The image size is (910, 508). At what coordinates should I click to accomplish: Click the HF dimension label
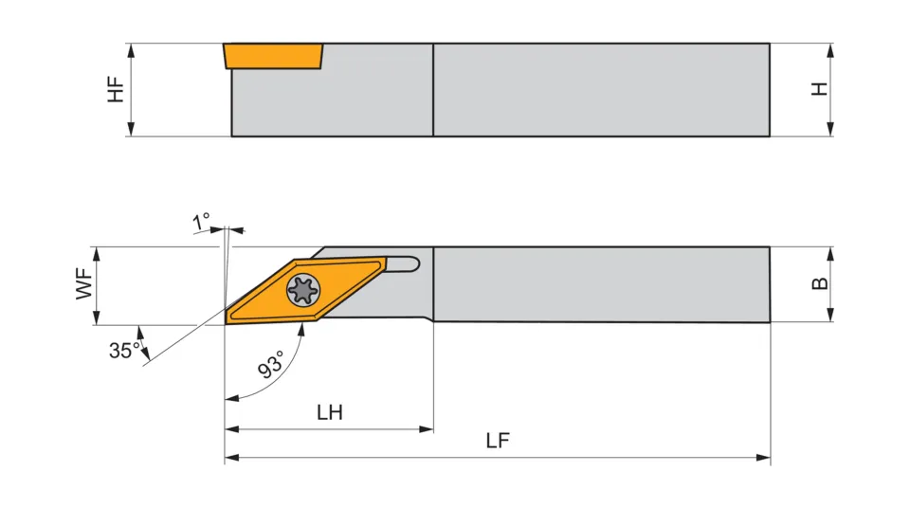pyautogui.click(x=116, y=89)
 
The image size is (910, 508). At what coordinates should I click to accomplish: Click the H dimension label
pyautogui.click(x=819, y=89)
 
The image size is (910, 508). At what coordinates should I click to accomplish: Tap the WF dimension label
pyautogui.click(x=84, y=284)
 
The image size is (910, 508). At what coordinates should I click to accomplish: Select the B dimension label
pyautogui.click(x=819, y=283)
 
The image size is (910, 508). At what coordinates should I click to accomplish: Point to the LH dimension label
pyautogui.click(x=330, y=413)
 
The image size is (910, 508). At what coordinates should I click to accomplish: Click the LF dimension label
pyautogui.click(x=498, y=441)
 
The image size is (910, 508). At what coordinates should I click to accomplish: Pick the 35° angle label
pyautogui.click(x=124, y=350)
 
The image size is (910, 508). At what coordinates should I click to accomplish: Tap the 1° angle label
pyautogui.click(x=201, y=221)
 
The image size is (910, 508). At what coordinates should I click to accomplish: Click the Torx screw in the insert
pyautogui.click(x=303, y=290)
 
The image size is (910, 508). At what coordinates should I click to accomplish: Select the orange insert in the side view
pyautogui.click(x=273, y=56)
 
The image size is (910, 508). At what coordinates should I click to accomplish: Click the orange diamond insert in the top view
pyautogui.click(x=306, y=290)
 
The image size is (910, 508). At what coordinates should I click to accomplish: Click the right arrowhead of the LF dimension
pyautogui.click(x=763, y=458)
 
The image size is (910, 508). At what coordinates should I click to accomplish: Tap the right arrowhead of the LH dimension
pyautogui.click(x=426, y=429)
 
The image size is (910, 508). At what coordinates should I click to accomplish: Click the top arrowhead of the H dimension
pyautogui.click(x=830, y=50)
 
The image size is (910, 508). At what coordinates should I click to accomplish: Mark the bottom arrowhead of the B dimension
pyautogui.click(x=830, y=315)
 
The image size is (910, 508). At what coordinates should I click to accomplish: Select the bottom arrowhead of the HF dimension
pyautogui.click(x=131, y=129)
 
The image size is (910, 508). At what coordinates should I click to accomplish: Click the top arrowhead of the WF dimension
pyautogui.click(x=97, y=254)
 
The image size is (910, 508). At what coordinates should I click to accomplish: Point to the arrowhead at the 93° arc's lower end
pyautogui.click(x=232, y=399)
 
